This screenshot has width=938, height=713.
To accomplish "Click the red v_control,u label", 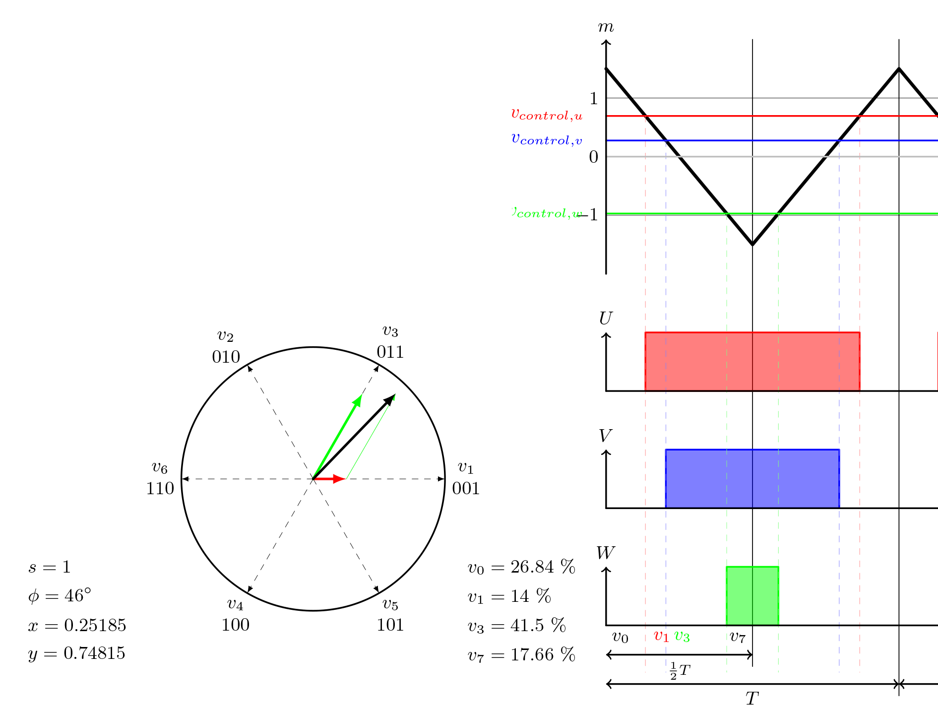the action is click(547, 115).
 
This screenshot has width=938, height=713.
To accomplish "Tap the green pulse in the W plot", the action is click(752, 595).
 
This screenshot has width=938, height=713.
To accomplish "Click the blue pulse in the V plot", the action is click(752, 479).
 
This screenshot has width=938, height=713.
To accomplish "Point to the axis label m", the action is click(606, 27).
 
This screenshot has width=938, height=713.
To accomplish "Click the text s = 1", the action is click(50, 567).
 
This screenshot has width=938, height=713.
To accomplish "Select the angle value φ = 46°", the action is click(60, 595).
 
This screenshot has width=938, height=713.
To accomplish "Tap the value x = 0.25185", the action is click(77, 625).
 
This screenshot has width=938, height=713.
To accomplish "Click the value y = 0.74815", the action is click(77, 653).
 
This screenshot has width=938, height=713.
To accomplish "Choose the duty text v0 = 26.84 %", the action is click(521, 567).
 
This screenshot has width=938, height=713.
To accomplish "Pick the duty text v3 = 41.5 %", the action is click(517, 625).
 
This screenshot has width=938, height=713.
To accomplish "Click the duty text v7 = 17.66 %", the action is click(521, 655).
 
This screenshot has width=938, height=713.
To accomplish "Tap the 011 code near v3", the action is click(390, 352).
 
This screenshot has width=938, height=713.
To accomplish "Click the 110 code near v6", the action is click(160, 489).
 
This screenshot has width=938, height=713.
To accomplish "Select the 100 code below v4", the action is click(235, 625).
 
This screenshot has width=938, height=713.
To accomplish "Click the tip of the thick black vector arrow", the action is click(394, 395).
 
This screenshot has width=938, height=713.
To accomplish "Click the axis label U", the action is click(606, 318).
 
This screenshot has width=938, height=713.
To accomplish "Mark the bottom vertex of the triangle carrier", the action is click(752, 244).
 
